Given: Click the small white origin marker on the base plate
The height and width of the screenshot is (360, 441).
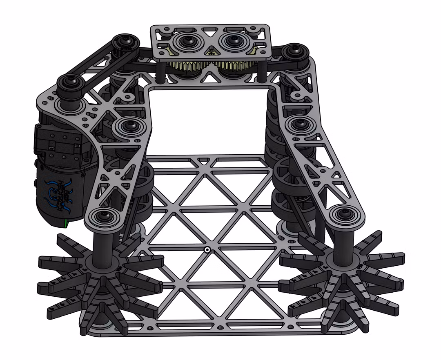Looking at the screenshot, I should pyautogui.click(x=207, y=250).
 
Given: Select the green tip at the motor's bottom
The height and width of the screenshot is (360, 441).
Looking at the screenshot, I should pyautogui.click(x=65, y=223).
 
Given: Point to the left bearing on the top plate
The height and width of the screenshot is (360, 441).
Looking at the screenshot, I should pyautogui.click(x=187, y=41).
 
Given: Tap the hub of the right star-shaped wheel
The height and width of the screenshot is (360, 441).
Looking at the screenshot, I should pyautogui.click(x=341, y=264).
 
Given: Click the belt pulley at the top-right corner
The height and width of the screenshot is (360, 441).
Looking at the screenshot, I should pyautogui.click(x=294, y=52).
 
